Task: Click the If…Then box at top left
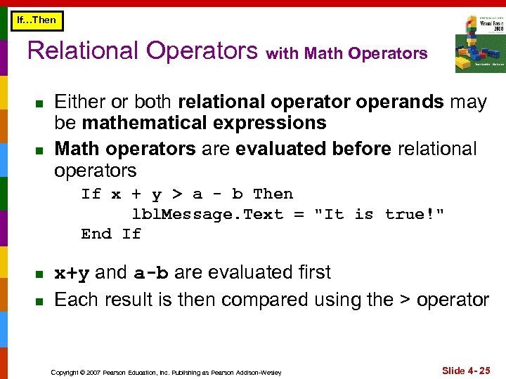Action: click(37, 20)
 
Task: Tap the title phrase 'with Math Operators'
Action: click(346, 54)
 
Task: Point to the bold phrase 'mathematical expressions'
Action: click(204, 124)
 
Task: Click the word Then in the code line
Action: click(273, 194)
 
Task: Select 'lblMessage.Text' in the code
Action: click(207, 214)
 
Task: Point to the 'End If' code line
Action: click(111, 234)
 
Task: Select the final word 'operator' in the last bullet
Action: click(453, 300)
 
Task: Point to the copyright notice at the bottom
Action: click(166, 372)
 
